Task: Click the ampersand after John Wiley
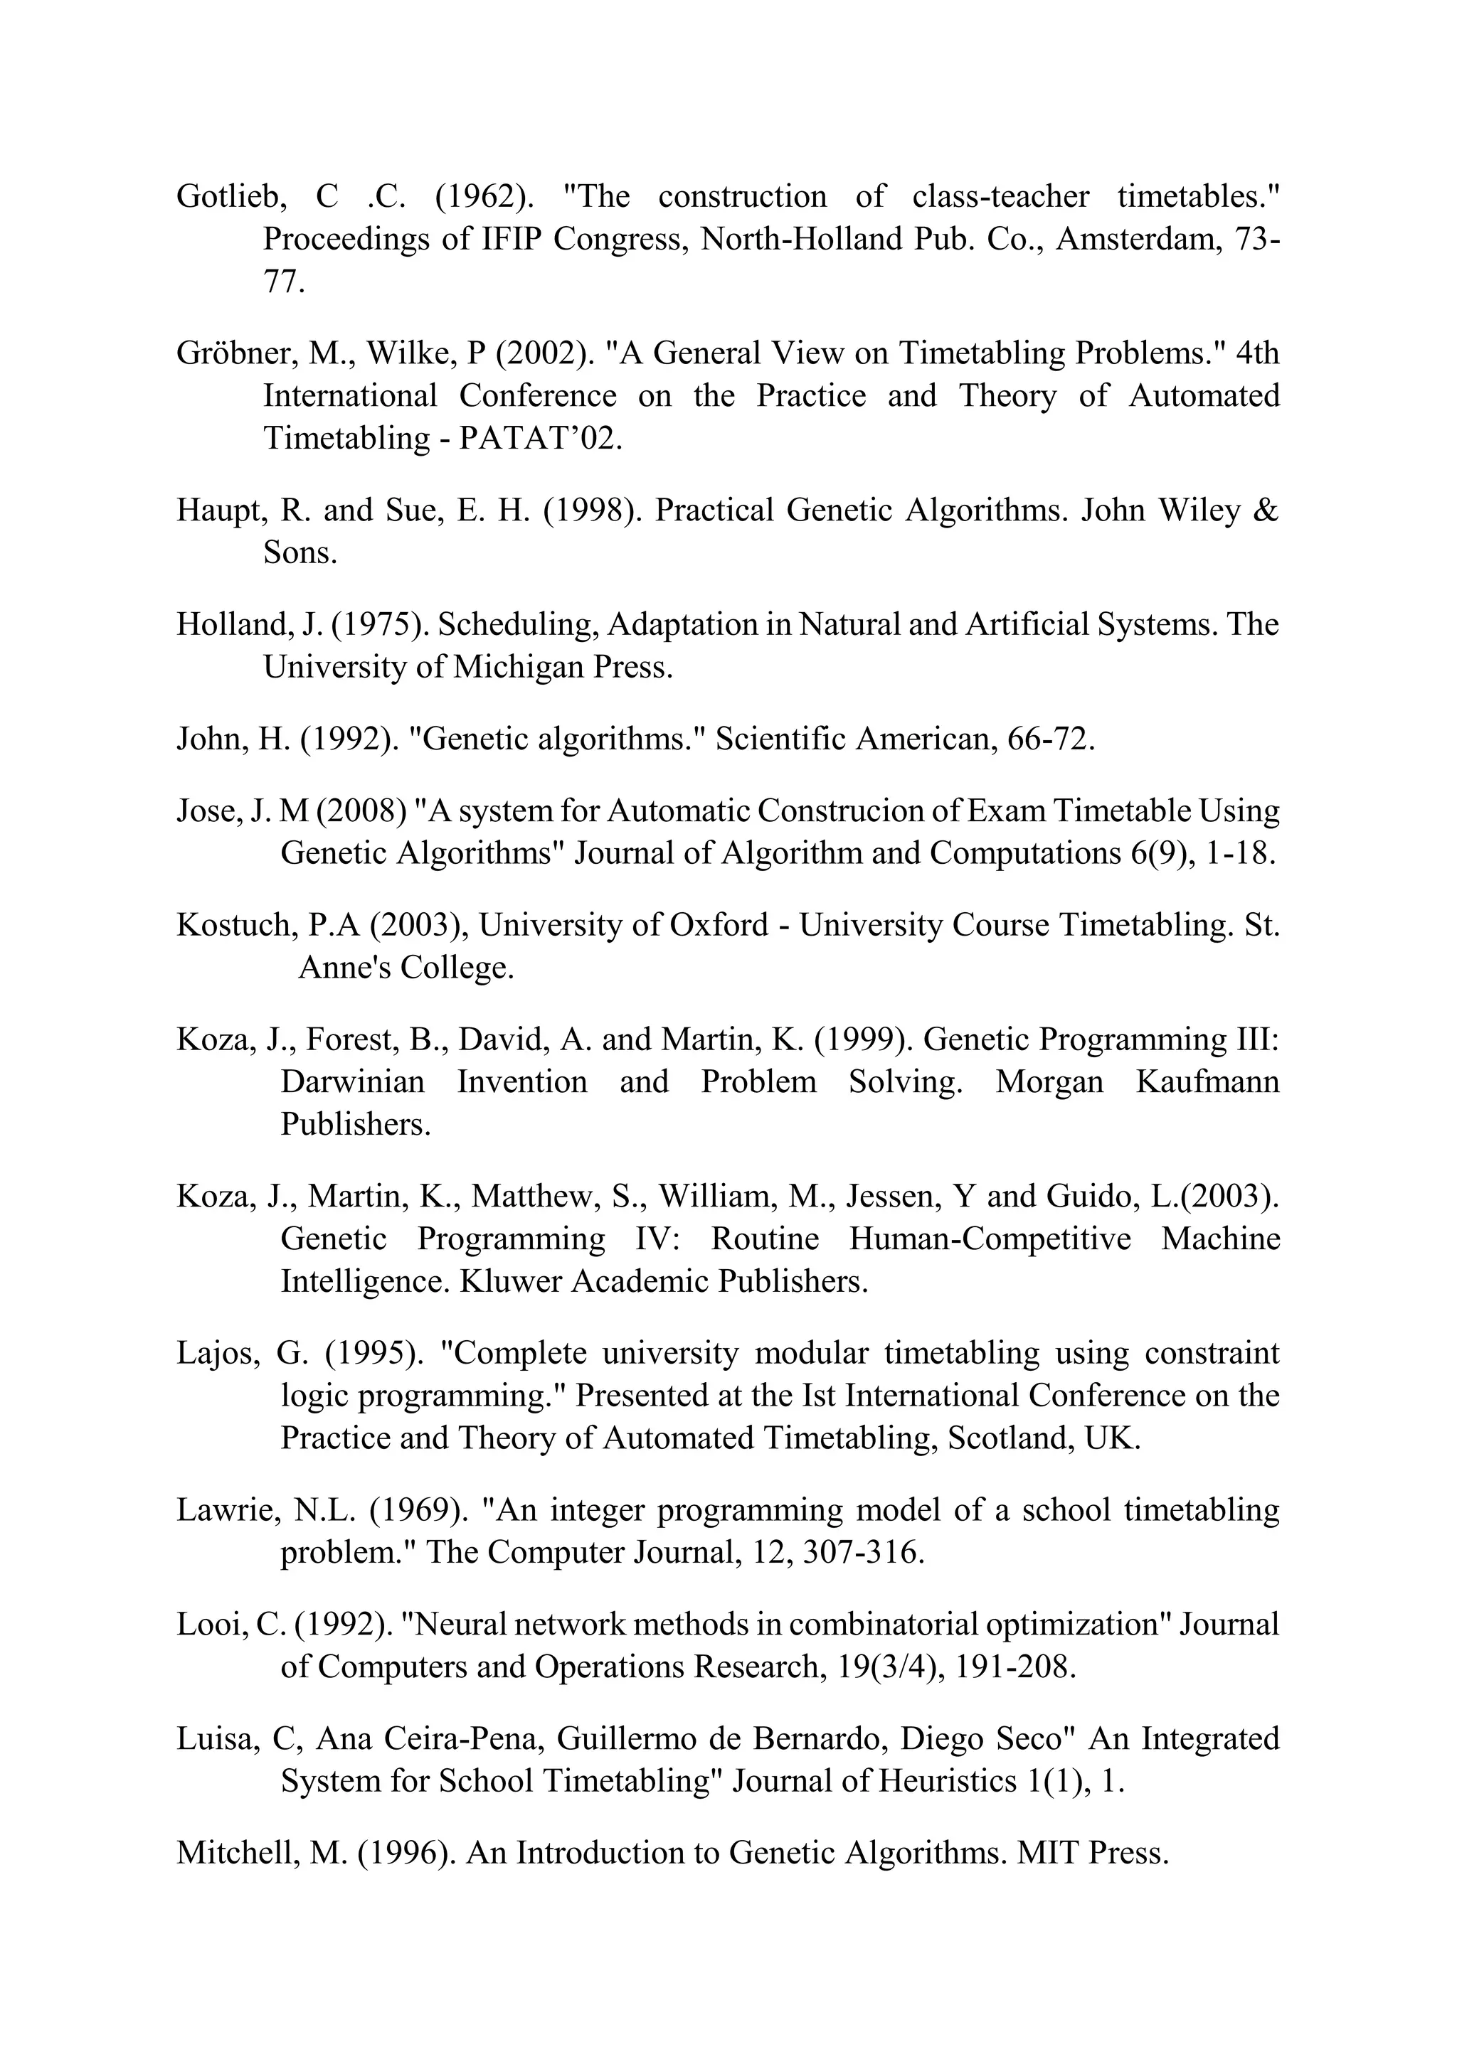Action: click(x=1265, y=510)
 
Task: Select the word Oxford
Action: click(x=719, y=924)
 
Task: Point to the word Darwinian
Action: click(x=353, y=1081)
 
